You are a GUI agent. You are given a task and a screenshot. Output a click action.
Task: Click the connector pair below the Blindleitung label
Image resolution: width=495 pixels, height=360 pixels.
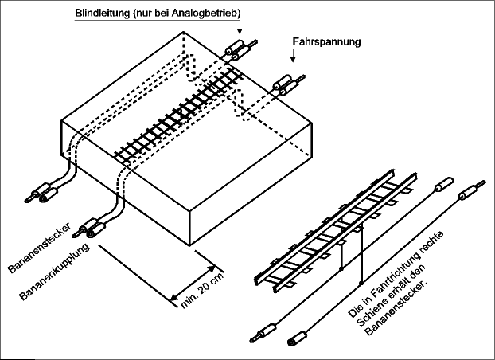tap(240, 49)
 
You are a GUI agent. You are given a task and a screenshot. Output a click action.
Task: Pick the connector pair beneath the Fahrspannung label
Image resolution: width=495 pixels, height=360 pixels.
tap(284, 82)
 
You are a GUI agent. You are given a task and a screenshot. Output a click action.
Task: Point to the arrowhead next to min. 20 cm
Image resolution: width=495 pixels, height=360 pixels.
tap(213, 260)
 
